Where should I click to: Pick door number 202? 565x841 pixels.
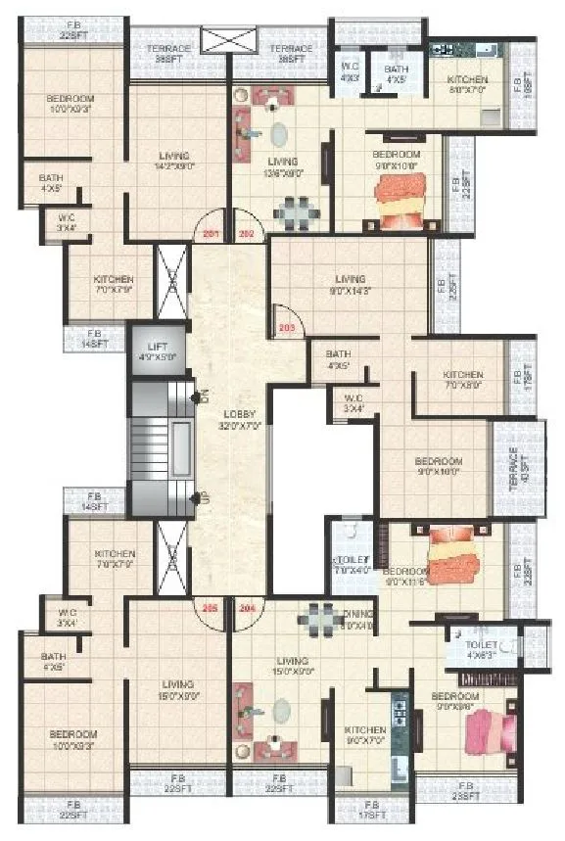(x=246, y=234)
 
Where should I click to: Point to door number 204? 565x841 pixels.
(x=247, y=606)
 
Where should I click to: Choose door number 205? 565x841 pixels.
(x=209, y=606)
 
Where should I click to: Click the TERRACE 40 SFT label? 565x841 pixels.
(x=517, y=468)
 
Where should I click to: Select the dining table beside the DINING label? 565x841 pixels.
(x=319, y=617)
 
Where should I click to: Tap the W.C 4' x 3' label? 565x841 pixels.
(x=349, y=73)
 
